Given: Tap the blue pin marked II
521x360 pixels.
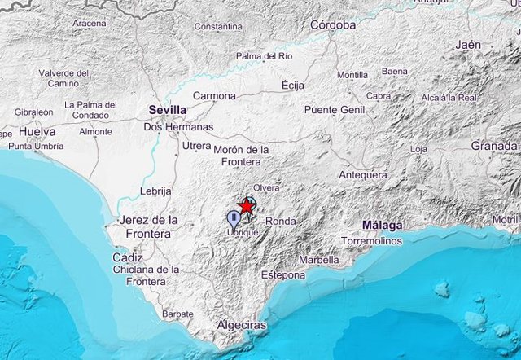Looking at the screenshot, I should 234,217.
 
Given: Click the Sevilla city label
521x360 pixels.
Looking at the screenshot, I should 167,110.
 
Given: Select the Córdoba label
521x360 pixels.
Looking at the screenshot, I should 333,25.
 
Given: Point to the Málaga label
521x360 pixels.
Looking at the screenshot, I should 383,225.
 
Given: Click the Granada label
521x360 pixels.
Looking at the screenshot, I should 494,146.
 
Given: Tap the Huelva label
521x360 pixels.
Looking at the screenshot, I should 37,131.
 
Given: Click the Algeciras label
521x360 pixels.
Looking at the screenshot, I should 242,325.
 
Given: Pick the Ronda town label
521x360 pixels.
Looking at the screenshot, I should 281,221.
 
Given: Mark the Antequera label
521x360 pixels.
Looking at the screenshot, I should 363,175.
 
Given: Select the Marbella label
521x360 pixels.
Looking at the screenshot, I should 319,260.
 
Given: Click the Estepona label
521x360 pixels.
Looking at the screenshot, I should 283,274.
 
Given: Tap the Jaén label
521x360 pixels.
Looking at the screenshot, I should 468,45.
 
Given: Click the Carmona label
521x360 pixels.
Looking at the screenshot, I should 214,96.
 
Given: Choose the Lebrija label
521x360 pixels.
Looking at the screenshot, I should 154,192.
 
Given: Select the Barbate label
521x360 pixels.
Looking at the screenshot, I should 177,314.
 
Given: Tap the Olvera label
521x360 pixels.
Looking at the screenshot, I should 266,187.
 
